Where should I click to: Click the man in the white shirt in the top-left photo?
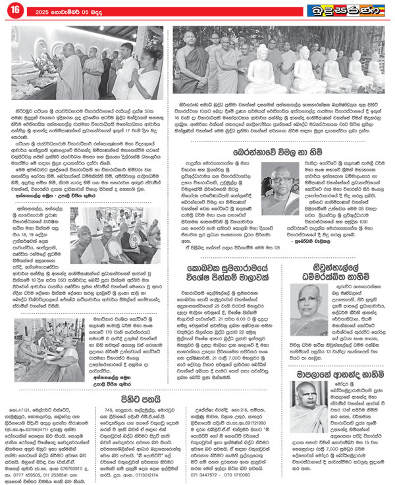(126, 61)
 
